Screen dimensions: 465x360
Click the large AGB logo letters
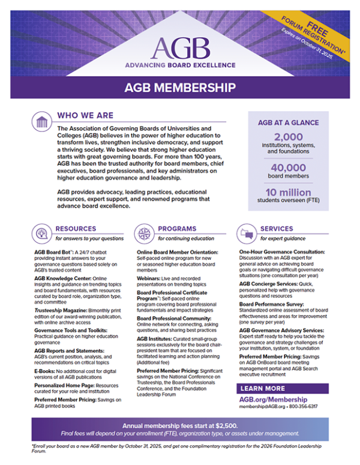[180, 45]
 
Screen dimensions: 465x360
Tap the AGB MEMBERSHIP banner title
[180, 88]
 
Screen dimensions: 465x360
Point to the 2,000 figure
[288, 137]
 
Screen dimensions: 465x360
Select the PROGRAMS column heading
[177, 229]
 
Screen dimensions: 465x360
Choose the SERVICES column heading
[277, 229]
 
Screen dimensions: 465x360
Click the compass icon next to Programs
[145, 233]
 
